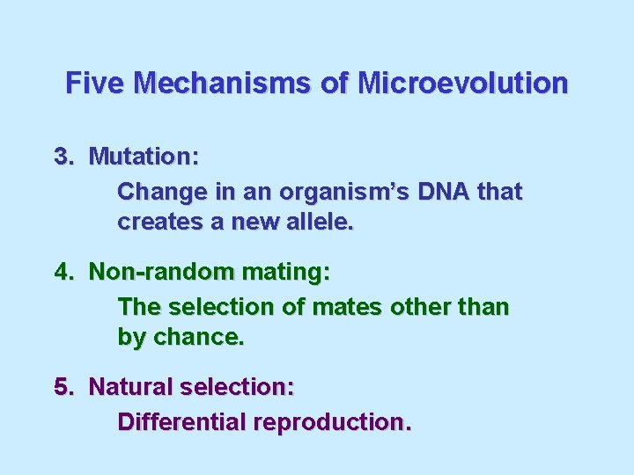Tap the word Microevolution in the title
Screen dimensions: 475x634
pyautogui.click(x=462, y=84)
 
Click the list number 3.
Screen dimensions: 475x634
pyautogui.click(x=63, y=157)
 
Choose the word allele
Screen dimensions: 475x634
pyautogui.click(x=318, y=222)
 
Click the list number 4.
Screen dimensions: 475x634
pyautogui.click(x=63, y=272)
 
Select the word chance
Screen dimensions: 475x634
pyautogui.click(x=198, y=337)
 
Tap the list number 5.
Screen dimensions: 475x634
pyautogui.click(x=63, y=387)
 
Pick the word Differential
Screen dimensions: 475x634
pyautogui.click(x=181, y=422)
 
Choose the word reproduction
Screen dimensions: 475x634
pyautogui.click(x=331, y=423)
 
